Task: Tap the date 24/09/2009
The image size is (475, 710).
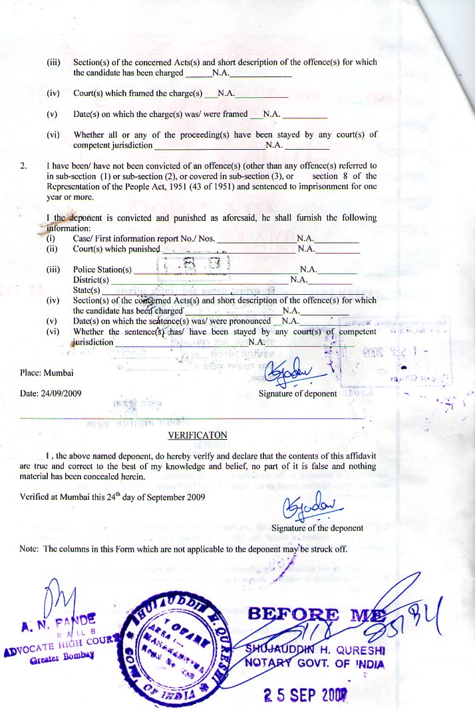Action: click(62, 393)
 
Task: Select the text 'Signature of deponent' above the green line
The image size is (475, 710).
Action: click(297, 394)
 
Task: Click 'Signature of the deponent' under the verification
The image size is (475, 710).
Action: click(317, 528)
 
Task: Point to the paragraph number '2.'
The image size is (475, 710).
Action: click(25, 166)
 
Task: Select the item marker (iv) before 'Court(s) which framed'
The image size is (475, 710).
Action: click(53, 94)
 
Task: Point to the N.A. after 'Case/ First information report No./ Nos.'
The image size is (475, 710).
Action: click(305, 238)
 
